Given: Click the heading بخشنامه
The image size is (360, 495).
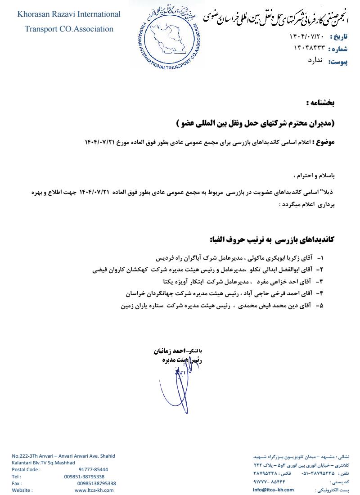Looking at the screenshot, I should click(x=320, y=103).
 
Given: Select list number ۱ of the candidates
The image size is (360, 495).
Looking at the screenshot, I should click(x=321, y=259).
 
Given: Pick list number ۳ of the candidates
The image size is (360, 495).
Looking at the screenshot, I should click(x=320, y=281).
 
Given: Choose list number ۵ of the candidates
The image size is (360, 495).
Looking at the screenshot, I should click(x=320, y=305).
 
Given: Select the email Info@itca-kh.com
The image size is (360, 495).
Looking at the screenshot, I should click(x=273, y=490).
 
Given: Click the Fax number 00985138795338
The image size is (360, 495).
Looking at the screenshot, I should click(x=96, y=483).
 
